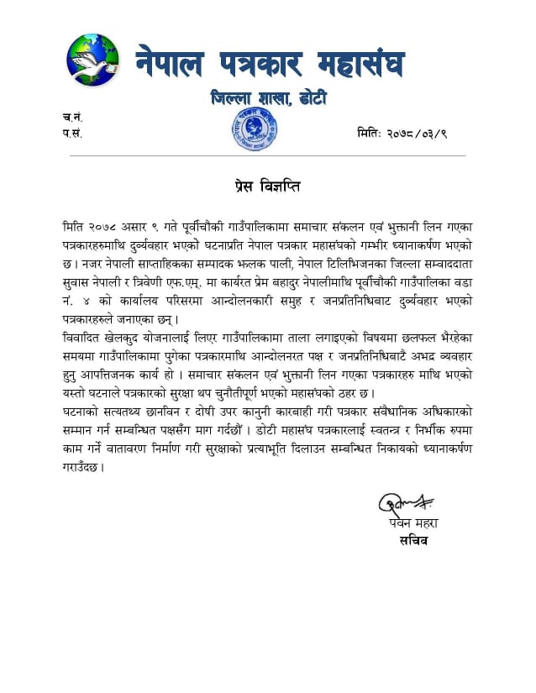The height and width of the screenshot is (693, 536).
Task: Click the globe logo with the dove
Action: tap(93, 60)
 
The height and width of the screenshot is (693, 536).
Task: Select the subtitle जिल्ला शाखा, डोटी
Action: tap(269, 98)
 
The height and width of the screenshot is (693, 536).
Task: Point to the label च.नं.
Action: tap(72, 117)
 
